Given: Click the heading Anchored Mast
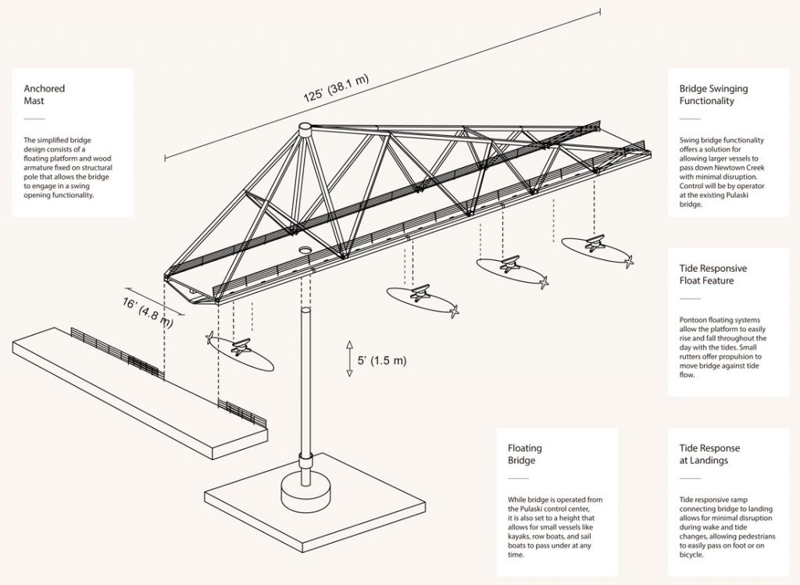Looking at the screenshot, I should pos(45,95).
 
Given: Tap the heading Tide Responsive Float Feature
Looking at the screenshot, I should pos(713,274).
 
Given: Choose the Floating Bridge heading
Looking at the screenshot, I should pos(525,454).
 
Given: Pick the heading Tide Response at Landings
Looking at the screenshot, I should pos(709,454).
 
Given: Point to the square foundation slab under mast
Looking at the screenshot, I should pos(312,512).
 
